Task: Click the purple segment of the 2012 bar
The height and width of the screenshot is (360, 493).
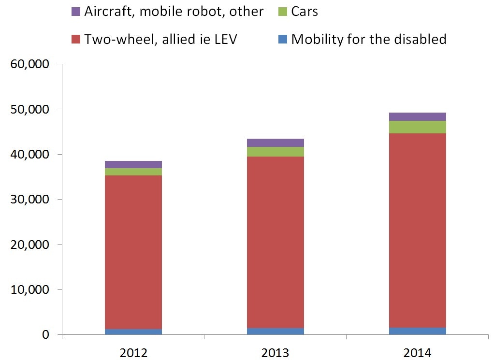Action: (x=133, y=164)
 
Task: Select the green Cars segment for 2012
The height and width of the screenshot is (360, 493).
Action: (x=133, y=172)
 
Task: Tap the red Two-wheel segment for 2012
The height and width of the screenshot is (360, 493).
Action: (x=133, y=251)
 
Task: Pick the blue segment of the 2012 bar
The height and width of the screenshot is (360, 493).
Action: (x=133, y=331)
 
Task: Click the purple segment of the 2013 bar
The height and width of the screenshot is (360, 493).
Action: (x=275, y=143)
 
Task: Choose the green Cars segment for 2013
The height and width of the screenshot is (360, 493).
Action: (x=275, y=151)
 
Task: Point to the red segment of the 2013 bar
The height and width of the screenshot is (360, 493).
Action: (x=275, y=242)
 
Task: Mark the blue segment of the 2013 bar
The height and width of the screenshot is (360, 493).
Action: (x=275, y=331)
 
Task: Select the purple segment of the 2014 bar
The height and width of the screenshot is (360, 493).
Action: (x=418, y=116)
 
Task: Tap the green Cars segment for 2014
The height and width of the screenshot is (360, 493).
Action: (x=418, y=127)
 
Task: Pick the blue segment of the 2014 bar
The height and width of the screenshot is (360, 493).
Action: (x=418, y=331)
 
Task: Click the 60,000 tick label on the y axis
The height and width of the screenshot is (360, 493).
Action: (x=30, y=64)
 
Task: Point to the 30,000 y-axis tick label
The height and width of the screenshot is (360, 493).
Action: (x=30, y=200)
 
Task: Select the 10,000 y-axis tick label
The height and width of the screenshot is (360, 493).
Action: (x=30, y=290)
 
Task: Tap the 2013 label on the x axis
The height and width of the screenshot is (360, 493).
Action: (x=275, y=351)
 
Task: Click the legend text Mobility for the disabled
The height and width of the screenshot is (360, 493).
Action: (x=369, y=39)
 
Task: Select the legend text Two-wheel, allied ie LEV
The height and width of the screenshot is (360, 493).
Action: (x=160, y=39)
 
